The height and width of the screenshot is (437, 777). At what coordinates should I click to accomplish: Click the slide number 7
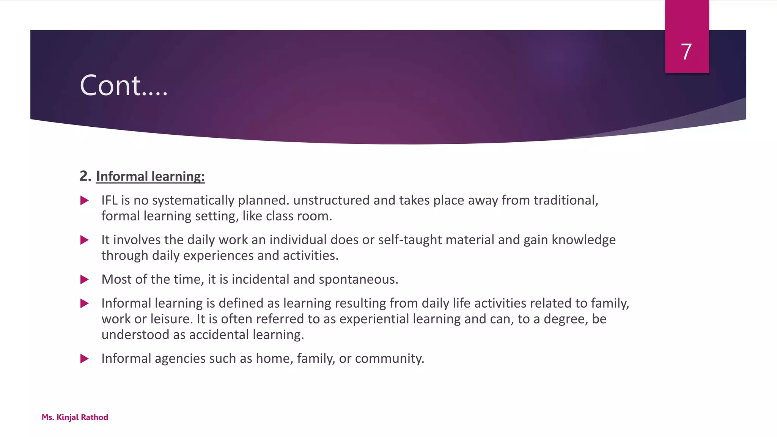pos(686,52)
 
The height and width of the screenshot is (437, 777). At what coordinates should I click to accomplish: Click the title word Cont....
pos(111,85)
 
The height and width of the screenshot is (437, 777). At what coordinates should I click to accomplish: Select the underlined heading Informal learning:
pos(150,176)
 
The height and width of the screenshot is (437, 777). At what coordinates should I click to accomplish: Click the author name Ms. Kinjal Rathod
pos(75,417)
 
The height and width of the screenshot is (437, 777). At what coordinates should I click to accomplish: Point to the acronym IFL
pos(109,200)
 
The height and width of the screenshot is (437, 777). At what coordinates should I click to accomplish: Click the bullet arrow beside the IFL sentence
pos(85,201)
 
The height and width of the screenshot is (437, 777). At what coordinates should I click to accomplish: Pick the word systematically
pos(193,201)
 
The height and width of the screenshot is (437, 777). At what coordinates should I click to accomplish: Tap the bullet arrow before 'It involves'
pos(85,240)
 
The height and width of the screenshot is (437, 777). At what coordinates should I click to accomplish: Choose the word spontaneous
pos(358,280)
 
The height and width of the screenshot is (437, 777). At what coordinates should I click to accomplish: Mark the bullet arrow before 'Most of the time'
pos(85,280)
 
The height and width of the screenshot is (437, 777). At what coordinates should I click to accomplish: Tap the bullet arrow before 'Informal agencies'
pos(85,358)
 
